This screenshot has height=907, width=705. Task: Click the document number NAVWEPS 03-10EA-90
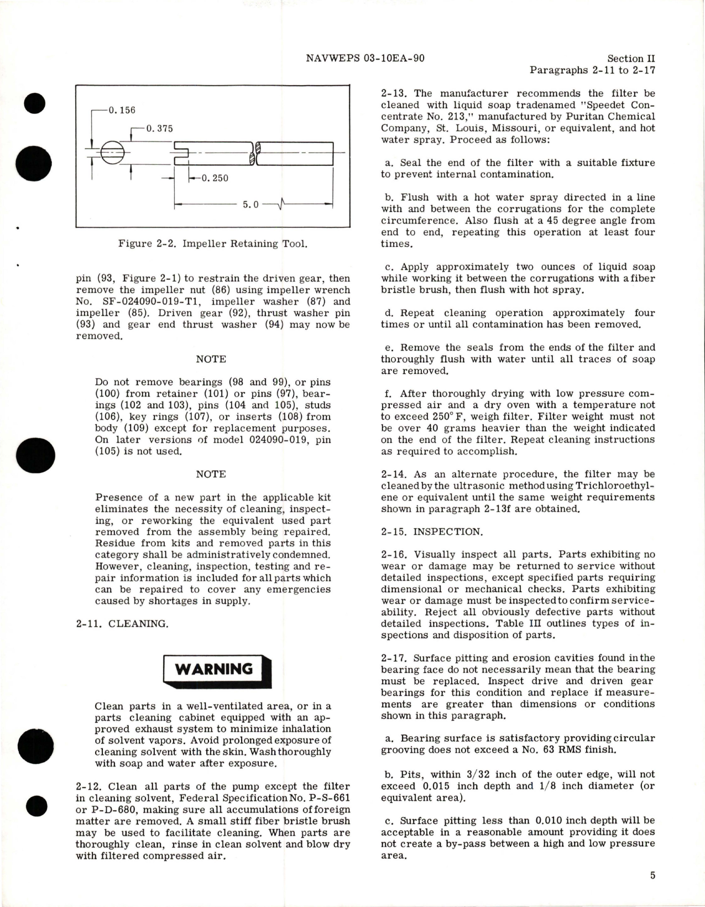pyautogui.click(x=365, y=58)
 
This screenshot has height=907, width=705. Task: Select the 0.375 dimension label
pyautogui.click(x=159, y=128)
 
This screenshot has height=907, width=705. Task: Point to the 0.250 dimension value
pyautogui.click(x=215, y=178)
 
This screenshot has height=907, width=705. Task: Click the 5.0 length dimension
pyautogui.click(x=250, y=205)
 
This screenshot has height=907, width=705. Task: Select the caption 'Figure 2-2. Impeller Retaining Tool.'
pyautogui.click(x=212, y=243)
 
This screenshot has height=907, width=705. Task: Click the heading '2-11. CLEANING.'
pyautogui.click(x=122, y=624)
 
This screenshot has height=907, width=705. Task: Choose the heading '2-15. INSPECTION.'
pyautogui.click(x=432, y=531)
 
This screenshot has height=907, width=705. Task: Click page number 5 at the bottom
pyautogui.click(x=652, y=875)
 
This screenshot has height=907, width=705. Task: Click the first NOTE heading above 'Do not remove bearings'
pyautogui.click(x=211, y=359)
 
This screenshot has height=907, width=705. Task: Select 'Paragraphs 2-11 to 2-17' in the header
pyautogui.click(x=592, y=70)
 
